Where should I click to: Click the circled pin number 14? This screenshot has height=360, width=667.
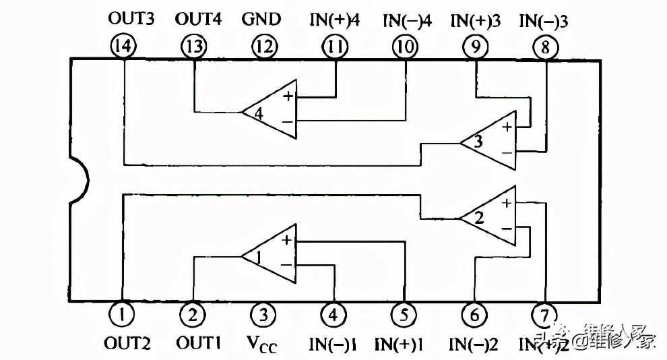pyautogui.click(x=124, y=47)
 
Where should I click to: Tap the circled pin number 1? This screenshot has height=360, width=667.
pyautogui.click(x=123, y=313)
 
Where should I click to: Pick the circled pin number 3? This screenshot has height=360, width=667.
pyautogui.click(x=263, y=313)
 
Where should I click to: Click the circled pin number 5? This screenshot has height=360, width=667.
pyautogui.click(x=404, y=313)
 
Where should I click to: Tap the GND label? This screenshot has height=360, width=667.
pyautogui.click(x=261, y=19)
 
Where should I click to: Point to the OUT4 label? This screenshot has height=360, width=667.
pyautogui.click(x=198, y=19)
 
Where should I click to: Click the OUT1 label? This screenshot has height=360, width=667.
pyautogui.click(x=199, y=343)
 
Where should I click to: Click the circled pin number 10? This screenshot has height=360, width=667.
pyautogui.click(x=404, y=47)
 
